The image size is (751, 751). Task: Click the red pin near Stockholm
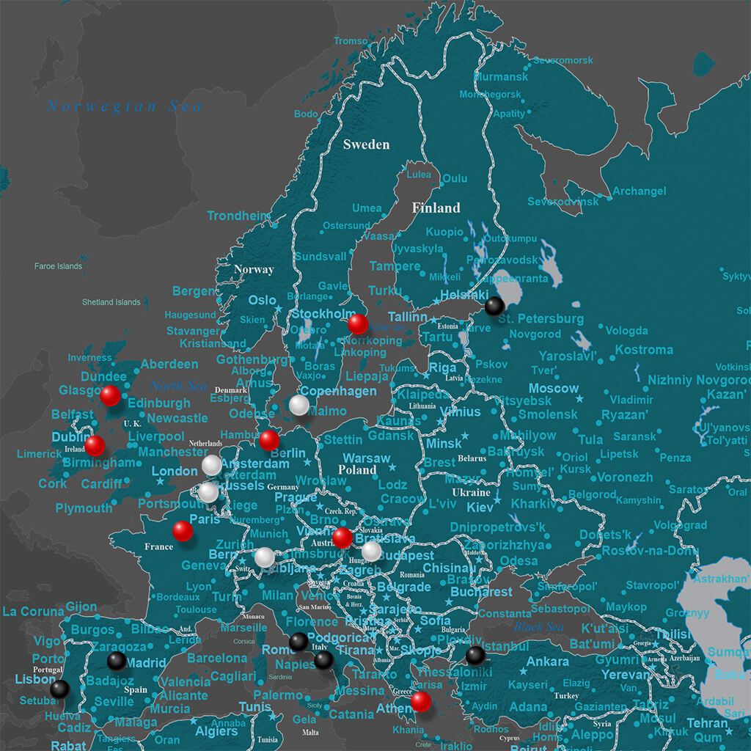click(x=358, y=323)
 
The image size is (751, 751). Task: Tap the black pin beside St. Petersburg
click(x=495, y=305)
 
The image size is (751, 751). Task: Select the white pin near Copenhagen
click(x=298, y=405)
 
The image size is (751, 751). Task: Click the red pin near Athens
click(x=420, y=701)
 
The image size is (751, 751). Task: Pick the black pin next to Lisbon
click(x=60, y=689)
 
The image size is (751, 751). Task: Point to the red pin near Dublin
click(x=95, y=445)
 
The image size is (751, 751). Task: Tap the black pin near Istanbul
click(x=475, y=655)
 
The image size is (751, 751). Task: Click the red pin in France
click(x=183, y=531)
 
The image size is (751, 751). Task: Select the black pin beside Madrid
click(x=117, y=661)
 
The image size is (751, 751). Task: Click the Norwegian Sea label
click(x=125, y=106)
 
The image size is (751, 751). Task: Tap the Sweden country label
click(x=366, y=144)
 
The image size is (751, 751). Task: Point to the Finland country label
click(x=436, y=208)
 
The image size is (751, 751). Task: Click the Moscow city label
click(x=554, y=388)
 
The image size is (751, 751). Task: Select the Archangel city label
click(x=640, y=191)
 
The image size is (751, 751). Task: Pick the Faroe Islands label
click(x=58, y=266)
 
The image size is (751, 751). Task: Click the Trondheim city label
click(x=239, y=216)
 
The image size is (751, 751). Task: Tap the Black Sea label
click(x=538, y=627)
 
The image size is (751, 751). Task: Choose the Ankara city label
click(x=548, y=662)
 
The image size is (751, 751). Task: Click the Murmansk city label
click(x=501, y=77)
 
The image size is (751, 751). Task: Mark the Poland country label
click(x=357, y=469)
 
